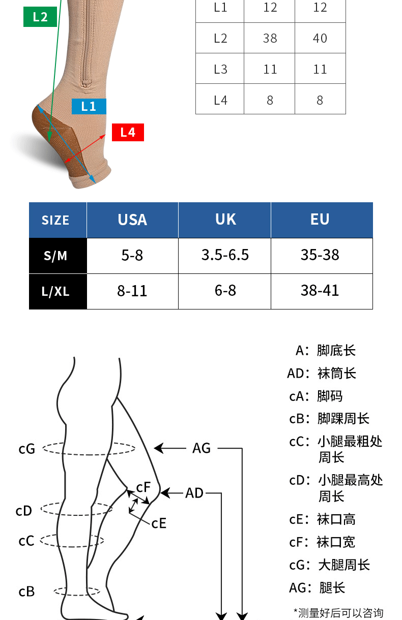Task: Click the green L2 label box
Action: tap(40, 17)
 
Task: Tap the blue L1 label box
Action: tap(89, 106)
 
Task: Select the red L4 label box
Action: tap(128, 133)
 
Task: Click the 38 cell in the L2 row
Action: tap(270, 38)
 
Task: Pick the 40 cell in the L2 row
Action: tap(320, 38)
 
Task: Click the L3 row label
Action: tap(220, 69)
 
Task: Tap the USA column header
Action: tap(132, 220)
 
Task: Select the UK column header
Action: tap(225, 220)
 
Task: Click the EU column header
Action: tap(320, 220)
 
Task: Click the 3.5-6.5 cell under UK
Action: tap(225, 255)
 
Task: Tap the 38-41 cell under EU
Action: tap(320, 291)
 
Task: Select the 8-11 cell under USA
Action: tap(132, 291)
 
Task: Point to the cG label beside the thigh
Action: tap(27, 449)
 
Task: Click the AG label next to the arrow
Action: tap(202, 448)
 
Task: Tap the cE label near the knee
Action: tap(159, 523)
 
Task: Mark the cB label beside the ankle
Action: tap(26, 592)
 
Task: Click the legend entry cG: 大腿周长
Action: tap(329, 565)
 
